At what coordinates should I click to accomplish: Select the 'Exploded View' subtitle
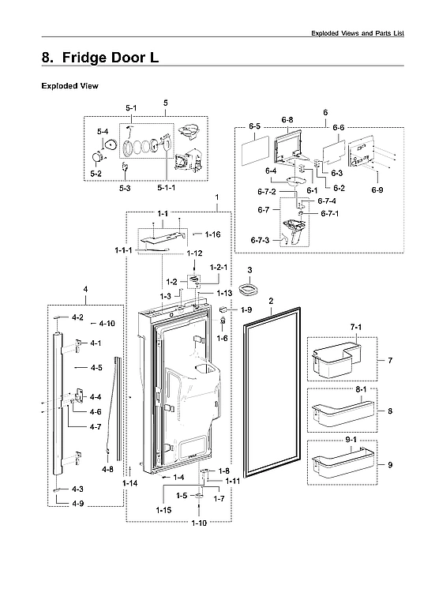point(69,85)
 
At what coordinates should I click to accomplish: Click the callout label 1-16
point(212,234)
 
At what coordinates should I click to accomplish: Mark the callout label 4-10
point(107,324)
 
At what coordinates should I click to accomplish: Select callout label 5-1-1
point(167,188)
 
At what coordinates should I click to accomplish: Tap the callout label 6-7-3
point(260,240)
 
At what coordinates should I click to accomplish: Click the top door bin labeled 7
point(336,360)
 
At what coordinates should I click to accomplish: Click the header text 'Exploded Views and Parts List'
point(368,33)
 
